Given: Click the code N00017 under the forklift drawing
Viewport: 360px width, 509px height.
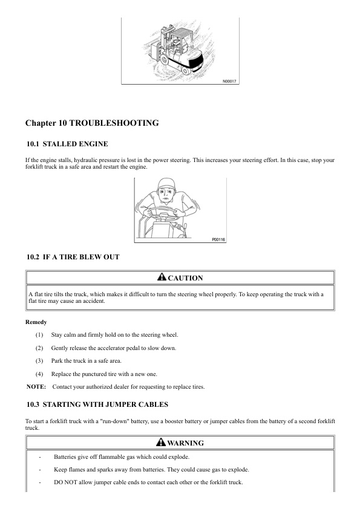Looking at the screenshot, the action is (230, 80).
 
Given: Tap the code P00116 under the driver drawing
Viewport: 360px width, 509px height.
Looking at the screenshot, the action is (218, 239).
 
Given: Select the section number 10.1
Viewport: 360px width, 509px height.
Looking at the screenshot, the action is (33, 144).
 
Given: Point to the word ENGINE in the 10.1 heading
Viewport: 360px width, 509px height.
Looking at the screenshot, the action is (94, 144).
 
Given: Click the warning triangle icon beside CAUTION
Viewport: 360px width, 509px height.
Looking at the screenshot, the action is (162, 277).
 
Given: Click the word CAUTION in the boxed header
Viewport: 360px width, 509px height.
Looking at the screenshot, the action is (185, 278).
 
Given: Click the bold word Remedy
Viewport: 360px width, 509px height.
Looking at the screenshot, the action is (36, 322).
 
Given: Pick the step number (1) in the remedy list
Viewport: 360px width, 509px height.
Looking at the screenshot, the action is (39, 335).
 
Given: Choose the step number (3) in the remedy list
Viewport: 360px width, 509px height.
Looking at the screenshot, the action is (39, 361).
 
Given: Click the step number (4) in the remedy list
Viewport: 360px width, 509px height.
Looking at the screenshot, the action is (39, 374).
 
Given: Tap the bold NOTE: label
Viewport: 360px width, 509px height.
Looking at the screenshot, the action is (37, 387).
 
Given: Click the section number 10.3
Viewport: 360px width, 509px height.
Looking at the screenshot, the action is (33, 404).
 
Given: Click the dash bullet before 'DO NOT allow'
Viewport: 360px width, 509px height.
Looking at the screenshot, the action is (40, 482).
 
